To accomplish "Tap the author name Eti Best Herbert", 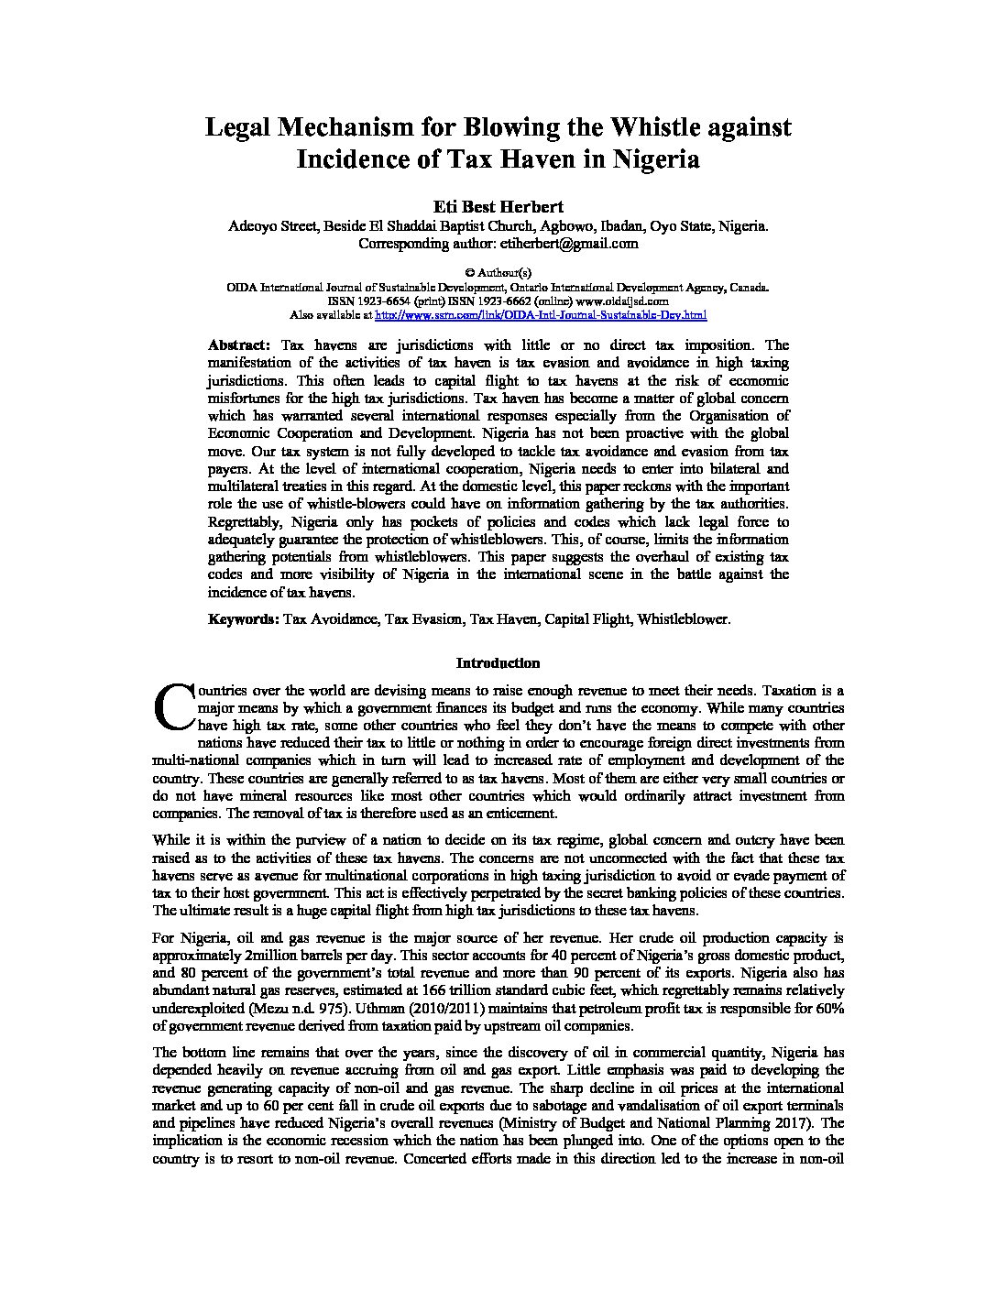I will tap(498, 207).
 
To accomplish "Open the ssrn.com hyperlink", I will tap(541, 314).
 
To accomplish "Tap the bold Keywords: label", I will tap(244, 619).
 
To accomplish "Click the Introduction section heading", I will tap(498, 663).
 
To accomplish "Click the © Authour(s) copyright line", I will tap(498, 272).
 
